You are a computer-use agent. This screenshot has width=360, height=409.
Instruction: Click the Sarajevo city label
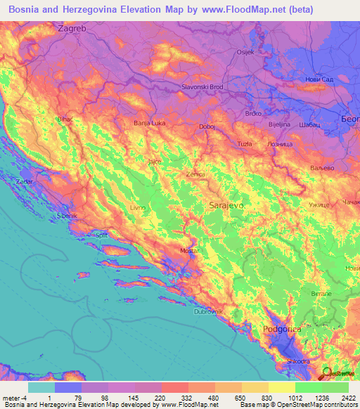pos(226,205)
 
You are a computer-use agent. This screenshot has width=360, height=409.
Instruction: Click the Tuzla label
pos(244,143)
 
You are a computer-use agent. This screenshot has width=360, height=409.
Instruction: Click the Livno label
pos(139,209)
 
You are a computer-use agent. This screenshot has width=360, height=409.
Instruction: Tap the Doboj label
pos(207,127)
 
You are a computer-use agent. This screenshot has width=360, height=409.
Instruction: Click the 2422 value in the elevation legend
pos(349,397)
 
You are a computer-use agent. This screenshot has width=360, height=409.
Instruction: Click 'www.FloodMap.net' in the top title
pos(224,8)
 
